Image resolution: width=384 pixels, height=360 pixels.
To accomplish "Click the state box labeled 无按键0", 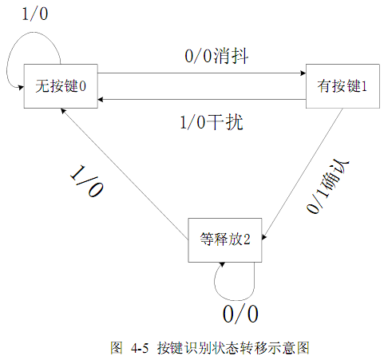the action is click(x=61, y=86).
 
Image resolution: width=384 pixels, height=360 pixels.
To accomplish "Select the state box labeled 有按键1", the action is click(x=342, y=86).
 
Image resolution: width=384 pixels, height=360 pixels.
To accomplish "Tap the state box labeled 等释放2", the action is click(x=225, y=240).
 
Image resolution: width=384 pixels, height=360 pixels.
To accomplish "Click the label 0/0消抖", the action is click(x=216, y=56).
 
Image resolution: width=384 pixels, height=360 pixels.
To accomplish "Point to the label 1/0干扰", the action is click(x=212, y=122).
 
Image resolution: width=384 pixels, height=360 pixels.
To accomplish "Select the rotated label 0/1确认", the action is click(x=327, y=187).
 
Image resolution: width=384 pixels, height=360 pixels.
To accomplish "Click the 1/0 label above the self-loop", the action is click(x=35, y=14).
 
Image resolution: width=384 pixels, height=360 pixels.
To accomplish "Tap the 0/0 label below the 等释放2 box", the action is click(x=240, y=314).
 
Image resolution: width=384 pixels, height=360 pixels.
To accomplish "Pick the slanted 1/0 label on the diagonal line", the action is click(x=86, y=181).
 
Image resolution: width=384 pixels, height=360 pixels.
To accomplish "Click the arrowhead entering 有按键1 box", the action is click(x=303, y=73).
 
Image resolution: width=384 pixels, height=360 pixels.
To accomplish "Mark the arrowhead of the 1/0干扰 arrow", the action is click(x=101, y=100).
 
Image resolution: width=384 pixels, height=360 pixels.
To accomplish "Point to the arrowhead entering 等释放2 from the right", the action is click(x=264, y=237).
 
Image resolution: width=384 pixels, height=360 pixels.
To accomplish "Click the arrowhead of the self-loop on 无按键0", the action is click(x=21, y=87).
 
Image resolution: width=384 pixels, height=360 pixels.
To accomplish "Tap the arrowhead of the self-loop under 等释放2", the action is click(x=222, y=264).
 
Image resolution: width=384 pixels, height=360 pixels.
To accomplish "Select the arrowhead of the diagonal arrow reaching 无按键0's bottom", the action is click(x=63, y=111).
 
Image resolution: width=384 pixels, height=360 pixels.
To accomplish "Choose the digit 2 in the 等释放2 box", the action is click(x=247, y=239).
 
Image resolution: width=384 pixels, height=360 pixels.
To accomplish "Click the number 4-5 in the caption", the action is click(x=140, y=348).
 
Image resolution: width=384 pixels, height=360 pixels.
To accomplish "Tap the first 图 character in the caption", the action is click(x=117, y=348).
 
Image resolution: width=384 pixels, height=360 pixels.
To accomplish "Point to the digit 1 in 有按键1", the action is click(x=364, y=86).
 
